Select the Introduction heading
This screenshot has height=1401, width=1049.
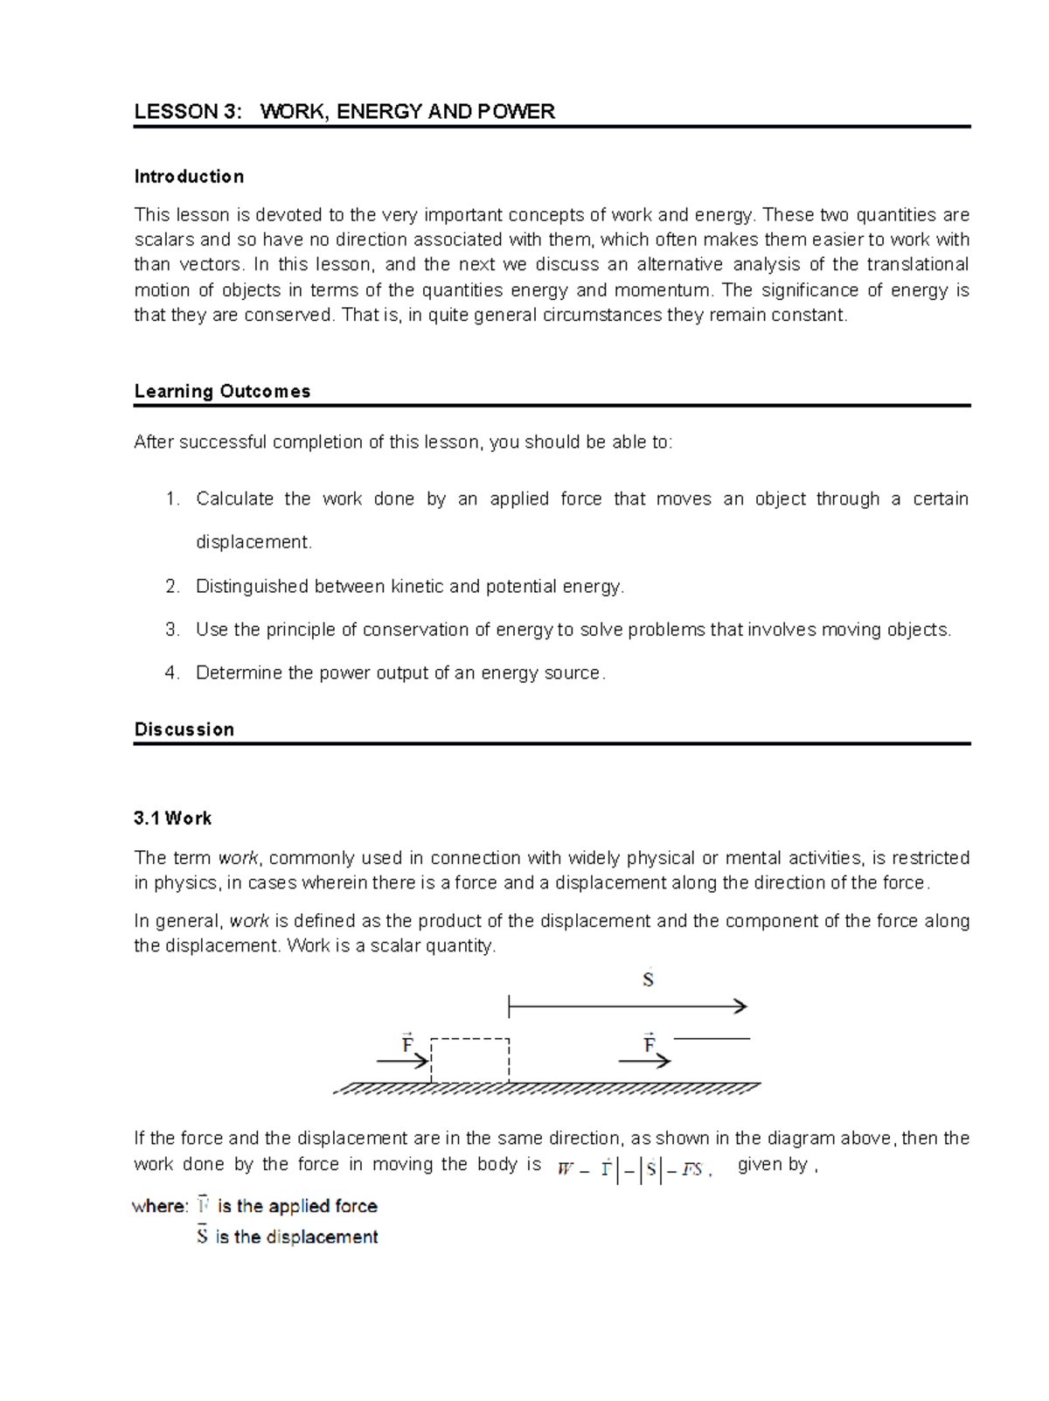coord(189,177)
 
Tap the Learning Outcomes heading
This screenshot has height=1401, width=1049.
coord(222,392)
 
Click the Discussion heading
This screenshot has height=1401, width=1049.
coord(184,729)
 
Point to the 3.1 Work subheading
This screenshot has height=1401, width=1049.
coord(172,819)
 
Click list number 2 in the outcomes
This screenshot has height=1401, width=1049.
coord(172,587)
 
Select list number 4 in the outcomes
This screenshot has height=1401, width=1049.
coord(172,673)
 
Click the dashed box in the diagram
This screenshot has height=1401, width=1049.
coord(469,1060)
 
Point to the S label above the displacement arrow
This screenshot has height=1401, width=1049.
coord(648,979)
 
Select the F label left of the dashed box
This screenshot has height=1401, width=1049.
coord(407,1043)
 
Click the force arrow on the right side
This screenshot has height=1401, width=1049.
coord(644,1061)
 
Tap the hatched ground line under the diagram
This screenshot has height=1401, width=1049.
coord(546,1089)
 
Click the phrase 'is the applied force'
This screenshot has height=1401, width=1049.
coord(297,1207)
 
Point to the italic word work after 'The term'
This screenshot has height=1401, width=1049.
coord(238,859)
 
